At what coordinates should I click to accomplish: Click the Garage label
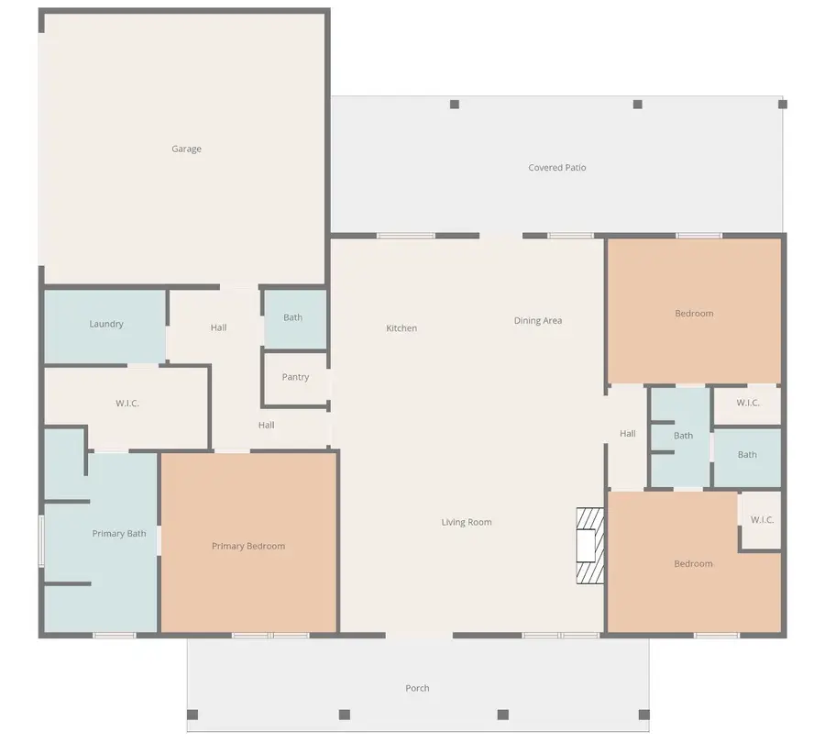pos(186,149)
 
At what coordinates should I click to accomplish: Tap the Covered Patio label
pos(557,168)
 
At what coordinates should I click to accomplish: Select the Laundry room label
pos(106,324)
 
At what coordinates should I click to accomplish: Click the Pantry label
pos(295,377)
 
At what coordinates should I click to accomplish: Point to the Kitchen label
pos(401,328)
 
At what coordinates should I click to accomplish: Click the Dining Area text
pos(538,321)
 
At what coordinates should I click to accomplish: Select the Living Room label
pos(467,522)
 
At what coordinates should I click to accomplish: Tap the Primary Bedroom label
pos(248,546)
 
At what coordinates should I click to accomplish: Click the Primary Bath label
pos(119,533)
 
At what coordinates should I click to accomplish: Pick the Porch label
pos(417,688)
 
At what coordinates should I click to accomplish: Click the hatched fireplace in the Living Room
pos(589,546)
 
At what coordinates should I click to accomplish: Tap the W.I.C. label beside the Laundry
pos(127,404)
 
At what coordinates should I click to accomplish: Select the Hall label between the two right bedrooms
pos(628,433)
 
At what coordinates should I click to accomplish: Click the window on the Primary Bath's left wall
pos(41,541)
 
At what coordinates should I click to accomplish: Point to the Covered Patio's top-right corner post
pos(783,105)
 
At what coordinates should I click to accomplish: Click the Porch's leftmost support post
pos(192,715)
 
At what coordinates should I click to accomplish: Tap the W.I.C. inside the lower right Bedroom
pos(762,520)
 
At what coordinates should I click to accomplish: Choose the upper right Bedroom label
pos(694,314)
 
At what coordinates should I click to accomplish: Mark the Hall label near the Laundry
pos(218,327)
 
